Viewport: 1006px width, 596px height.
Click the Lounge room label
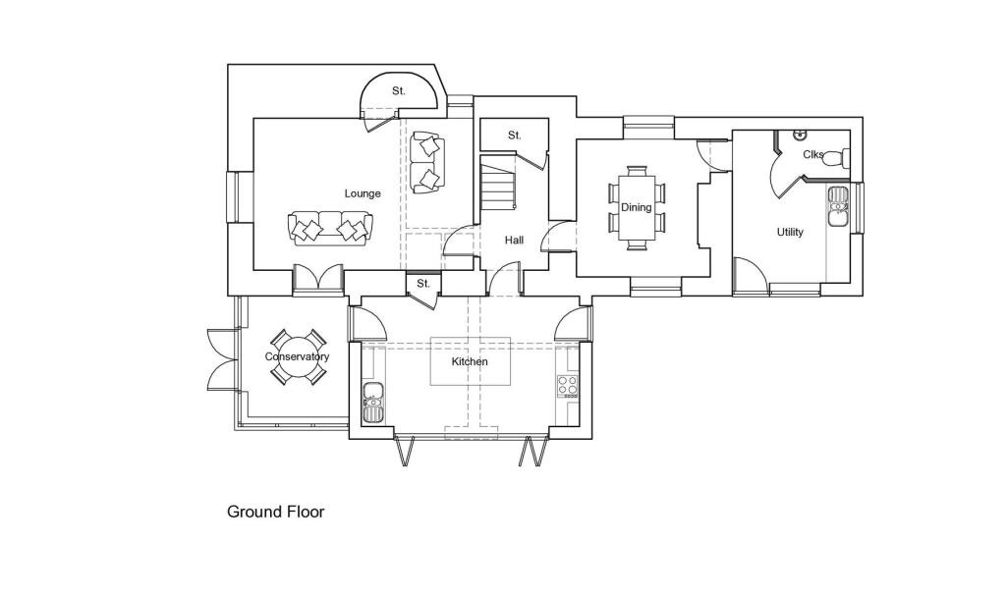point(363,193)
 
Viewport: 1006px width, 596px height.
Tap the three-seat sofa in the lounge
point(331,228)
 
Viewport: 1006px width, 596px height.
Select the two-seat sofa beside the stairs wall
point(427,162)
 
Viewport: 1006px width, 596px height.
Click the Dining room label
point(636,207)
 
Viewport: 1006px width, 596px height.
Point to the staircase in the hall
point(498,186)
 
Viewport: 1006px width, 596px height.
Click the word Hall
point(514,240)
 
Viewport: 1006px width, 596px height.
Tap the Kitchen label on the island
point(470,361)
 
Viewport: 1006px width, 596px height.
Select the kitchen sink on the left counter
point(372,402)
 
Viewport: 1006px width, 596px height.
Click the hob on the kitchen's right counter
point(568,385)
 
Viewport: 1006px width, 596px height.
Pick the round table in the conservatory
point(296,357)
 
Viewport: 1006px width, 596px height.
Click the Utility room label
point(790,233)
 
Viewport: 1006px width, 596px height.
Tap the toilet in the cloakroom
point(834,157)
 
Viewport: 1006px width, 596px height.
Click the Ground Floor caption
point(275,512)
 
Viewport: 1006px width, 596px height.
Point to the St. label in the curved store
point(398,91)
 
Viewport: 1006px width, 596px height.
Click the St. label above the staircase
point(514,135)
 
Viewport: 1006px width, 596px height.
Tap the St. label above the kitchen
point(423,284)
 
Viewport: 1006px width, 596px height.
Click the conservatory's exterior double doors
point(218,357)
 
